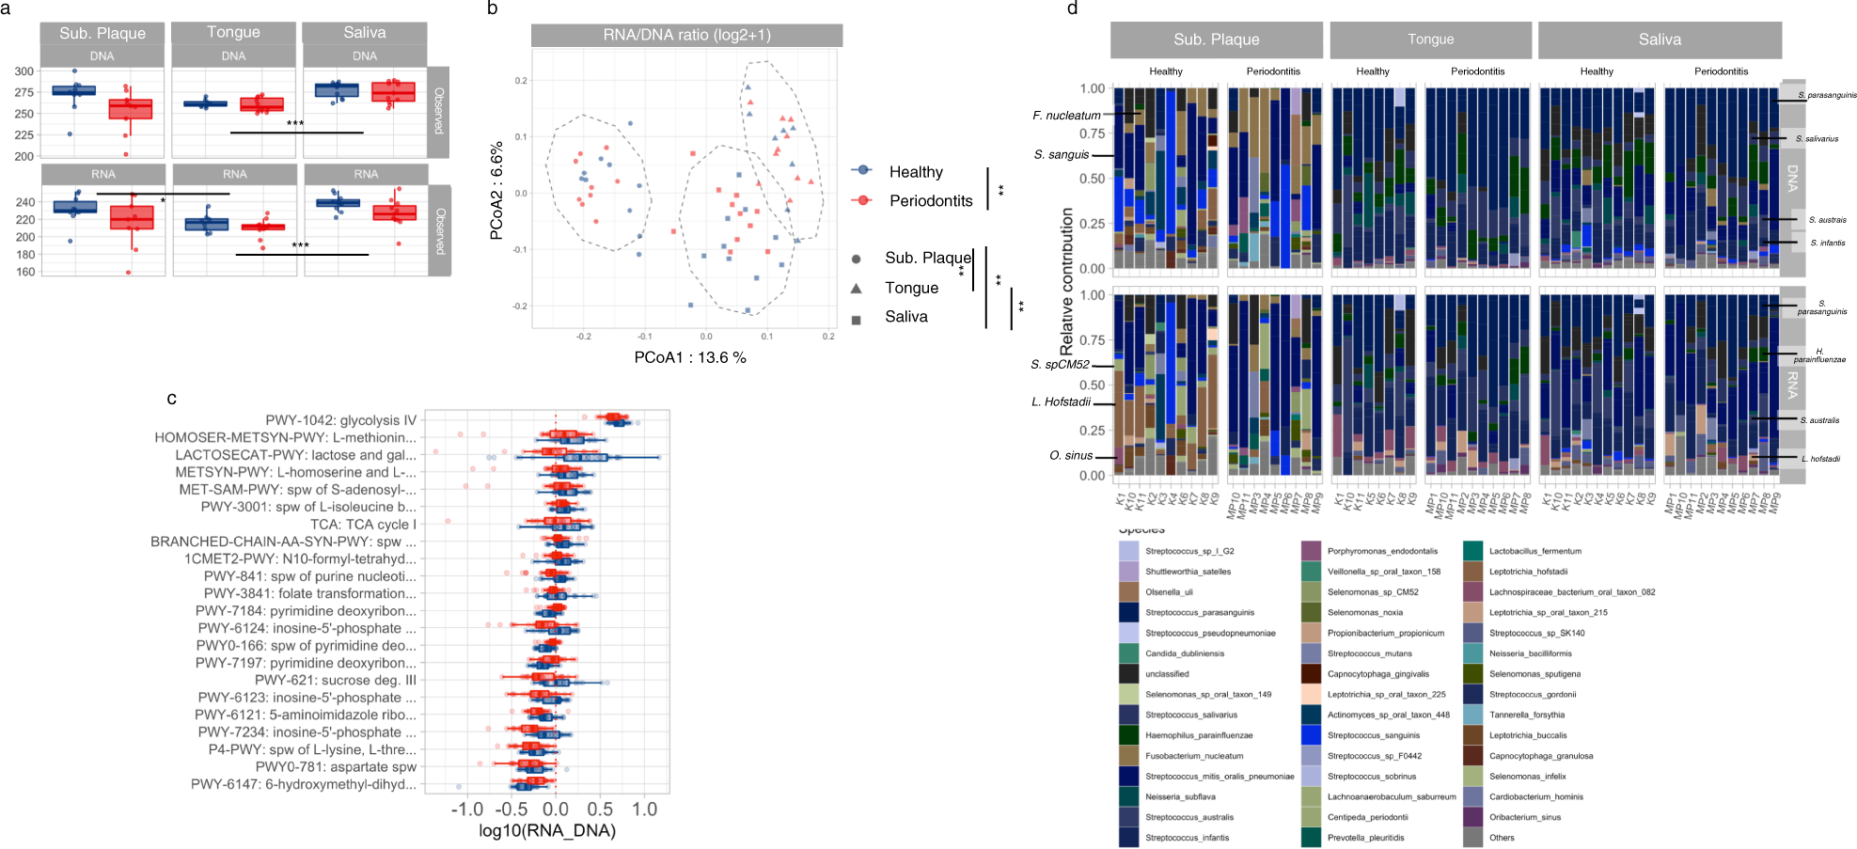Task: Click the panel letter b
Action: [x=493, y=9]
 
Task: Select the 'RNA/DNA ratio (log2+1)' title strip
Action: [x=686, y=36]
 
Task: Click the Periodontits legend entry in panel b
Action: [x=930, y=201]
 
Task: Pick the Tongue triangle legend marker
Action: [x=857, y=288]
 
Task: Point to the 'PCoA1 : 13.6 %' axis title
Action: [x=689, y=358]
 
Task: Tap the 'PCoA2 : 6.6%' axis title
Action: [x=497, y=191]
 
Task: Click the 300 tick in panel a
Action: [x=24, y=71]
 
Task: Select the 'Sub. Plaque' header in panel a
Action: [x=102, y=33]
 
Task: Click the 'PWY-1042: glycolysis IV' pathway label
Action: [x=340, y=420]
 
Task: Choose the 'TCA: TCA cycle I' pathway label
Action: [x=363, y=525]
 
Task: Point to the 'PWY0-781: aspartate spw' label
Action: [x=336, y=767]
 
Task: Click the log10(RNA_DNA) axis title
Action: [x=547, y=830]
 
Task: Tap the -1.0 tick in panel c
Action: [x=466, y=810]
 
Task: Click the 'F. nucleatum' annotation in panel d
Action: [x=1066, y=116]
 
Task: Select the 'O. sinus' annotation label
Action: [x=1071, y=456]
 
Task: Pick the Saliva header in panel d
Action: [x=1660, y=39]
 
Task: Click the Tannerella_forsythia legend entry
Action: [x=1526, y=715]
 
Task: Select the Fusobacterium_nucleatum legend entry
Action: [x=1193, y=756]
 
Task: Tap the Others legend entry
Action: [x=1501, y=838]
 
